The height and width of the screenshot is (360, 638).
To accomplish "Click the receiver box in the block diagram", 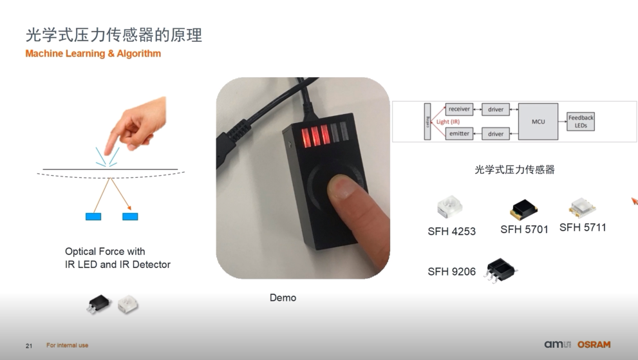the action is (x=459, y=109).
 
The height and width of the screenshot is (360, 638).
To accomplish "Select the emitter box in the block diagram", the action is (x=459, y=133).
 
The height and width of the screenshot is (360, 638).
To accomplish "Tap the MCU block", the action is (x=538, y=121).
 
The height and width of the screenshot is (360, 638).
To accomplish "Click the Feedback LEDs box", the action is (x=581, y=121).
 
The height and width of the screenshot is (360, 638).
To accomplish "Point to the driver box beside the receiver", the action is (x=496, y=109).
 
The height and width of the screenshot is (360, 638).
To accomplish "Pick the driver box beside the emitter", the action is (x=496, y=133).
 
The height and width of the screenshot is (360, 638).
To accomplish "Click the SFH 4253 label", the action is (x=452, y=231).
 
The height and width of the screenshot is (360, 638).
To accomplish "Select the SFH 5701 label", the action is (x=524, y=230).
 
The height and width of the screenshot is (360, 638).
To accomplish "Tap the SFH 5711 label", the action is (x=583, y=227).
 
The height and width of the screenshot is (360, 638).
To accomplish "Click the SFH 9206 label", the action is (x=452, y=272).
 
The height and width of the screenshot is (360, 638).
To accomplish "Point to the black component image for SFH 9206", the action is (x=500, y=270).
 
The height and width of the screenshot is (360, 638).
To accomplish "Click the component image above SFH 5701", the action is (x=523, y=209).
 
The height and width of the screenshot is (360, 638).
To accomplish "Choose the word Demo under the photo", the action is (x=283, y=298).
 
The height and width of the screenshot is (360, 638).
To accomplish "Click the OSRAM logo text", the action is (x=594, y=345).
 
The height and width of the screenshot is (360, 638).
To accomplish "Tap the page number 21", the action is (x=29, y=346).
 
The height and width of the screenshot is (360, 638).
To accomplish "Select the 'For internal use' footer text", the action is (x=67, y=345).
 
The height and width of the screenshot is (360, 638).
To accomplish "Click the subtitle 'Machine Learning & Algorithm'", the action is (x=93, y=53).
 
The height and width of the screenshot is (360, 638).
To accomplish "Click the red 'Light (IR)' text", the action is (x=448, y=121).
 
